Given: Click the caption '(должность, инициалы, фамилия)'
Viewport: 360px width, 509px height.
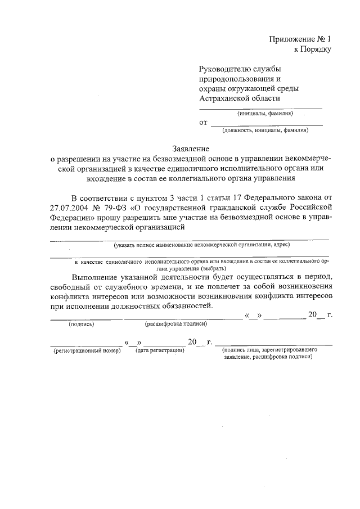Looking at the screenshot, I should pos(265,130).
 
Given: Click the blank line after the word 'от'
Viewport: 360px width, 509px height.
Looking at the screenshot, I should pos(267,124).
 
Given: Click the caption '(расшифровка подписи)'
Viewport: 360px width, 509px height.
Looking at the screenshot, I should pos(176,325).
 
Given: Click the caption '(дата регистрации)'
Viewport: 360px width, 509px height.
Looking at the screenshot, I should pos(160,350).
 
